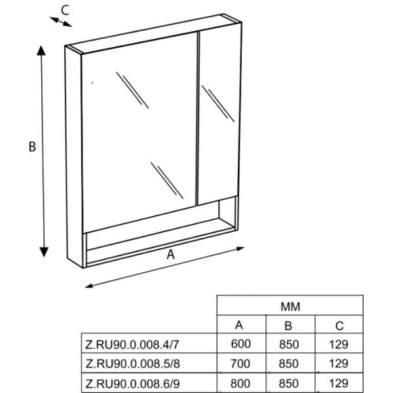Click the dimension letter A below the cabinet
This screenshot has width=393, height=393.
(x=171, y=256)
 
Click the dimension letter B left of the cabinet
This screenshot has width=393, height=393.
(x=31, y=147)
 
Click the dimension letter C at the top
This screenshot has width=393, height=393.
(x=65, y=9)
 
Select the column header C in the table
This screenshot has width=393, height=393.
(x=339, y=325)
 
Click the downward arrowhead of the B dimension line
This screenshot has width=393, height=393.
(x=43, y=252)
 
